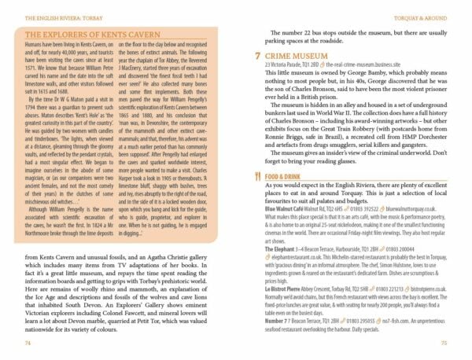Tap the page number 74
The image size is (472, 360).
[x=28, y=343]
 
